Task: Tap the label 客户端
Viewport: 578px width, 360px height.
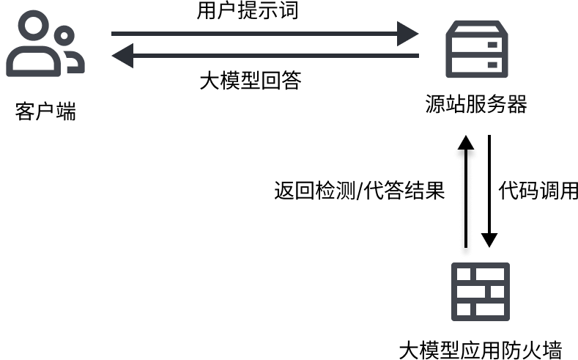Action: pos(45,111)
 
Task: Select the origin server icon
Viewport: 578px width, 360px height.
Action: pos(477,49)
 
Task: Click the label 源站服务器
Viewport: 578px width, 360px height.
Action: pos(476,104)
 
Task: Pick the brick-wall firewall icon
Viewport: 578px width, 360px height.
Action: pos(481,291)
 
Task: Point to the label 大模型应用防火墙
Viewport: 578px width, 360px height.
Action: pos(481,350)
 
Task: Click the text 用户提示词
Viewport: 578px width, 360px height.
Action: pos(248,10)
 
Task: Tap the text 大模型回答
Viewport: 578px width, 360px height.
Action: pos(251,81)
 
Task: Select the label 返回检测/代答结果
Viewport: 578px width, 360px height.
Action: pos(360,191)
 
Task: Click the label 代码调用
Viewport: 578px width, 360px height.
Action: pos(538,191)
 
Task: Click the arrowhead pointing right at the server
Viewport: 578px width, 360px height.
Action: pos(407,34)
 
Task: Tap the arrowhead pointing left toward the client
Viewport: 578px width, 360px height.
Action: pos(122,56)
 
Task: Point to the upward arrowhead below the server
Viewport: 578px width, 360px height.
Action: pos(466,142)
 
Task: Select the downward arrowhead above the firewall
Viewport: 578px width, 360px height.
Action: pos(489,240)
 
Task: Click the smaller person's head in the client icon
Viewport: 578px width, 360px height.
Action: pos(64,36)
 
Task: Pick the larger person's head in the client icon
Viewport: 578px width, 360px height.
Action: pos(33,26)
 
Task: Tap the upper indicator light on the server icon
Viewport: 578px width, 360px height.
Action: pos(492,45)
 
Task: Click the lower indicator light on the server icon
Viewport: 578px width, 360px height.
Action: pos(492,65)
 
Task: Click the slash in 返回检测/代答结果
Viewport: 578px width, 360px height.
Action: pos(360,191)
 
